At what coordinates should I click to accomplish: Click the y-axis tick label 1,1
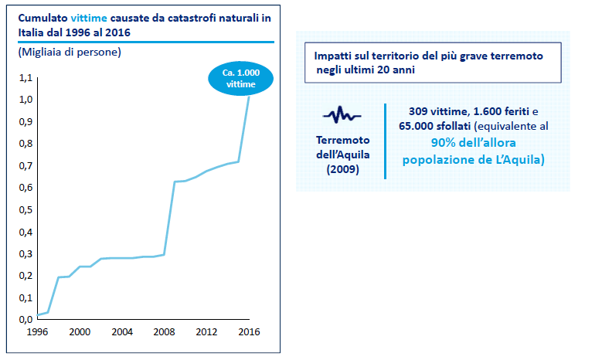click(x=25, y=77)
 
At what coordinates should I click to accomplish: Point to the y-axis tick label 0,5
click(x=25, y=209)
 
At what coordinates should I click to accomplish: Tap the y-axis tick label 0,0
click(x=25, y=319)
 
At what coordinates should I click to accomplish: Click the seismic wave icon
click(x=342, y=116)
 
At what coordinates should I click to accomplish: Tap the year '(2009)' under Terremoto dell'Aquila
click(x=342, y=169)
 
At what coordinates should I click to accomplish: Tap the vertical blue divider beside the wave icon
click(x=385, y=141)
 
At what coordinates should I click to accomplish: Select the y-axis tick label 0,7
click(x=25, y=165)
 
